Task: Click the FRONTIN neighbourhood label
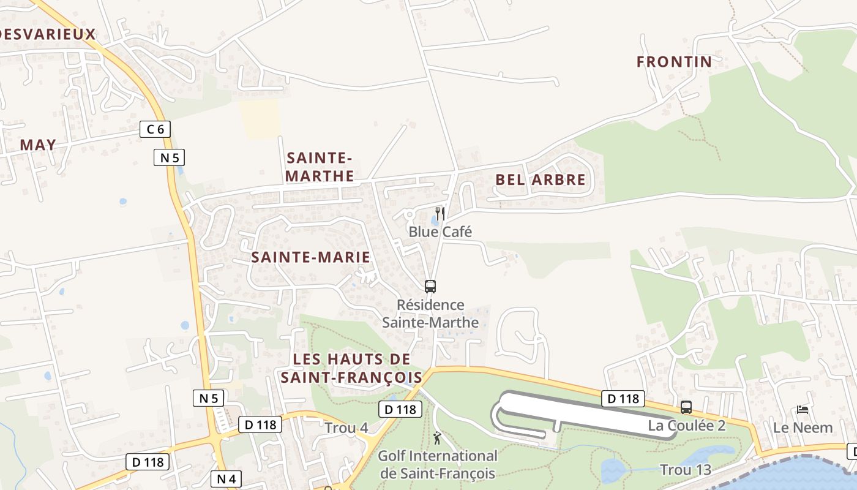[674, 62]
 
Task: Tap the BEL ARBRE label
[540, 180]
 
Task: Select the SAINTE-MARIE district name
[310, 257]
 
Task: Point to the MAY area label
[38, 145]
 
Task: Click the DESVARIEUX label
[48, 34]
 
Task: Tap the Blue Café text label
[440, 232]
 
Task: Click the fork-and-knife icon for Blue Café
[440, 213]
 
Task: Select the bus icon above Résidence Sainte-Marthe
[430, 286]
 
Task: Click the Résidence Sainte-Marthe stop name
[430, 313]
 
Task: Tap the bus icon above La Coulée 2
[686, 407]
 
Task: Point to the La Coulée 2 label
[686, 426]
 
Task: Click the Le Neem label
[803, 428]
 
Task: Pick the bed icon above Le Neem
[803, 410]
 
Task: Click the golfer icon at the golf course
[437, 438]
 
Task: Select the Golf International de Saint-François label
[437, 464]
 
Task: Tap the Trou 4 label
[346, 428]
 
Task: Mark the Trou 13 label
[685, 470]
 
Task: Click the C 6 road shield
[155, 129]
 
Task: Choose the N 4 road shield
[226, 478]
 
